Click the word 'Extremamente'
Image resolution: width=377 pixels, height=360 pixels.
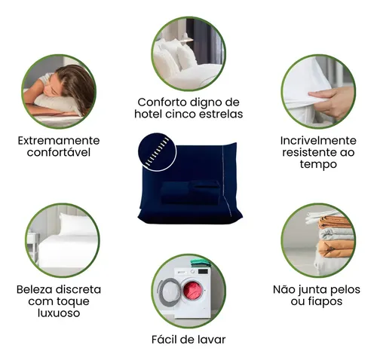tap(59, 141)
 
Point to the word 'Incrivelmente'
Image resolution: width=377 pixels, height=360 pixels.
tap(318, 141)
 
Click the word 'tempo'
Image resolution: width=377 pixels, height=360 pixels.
tap(318, 164)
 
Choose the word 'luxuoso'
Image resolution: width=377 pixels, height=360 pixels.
tap(59, 313)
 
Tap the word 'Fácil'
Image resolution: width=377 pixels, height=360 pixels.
tap(164, 340)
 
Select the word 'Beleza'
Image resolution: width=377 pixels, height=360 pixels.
tap(35, 289)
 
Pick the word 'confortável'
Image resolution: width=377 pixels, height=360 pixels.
tap(59, 152)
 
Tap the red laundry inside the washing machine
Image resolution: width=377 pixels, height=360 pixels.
tap(192, 291)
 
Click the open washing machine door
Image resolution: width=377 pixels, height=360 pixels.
tap(168, 292)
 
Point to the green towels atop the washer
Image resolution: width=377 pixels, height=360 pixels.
tap(201, 263)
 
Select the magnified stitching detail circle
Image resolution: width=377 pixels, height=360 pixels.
tap(158, 152)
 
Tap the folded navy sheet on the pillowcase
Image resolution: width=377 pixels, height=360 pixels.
tap(191, 193)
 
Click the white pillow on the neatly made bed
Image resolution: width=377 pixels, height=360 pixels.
tap(78, 224)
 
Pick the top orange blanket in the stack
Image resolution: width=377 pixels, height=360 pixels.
tap(334, 222)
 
